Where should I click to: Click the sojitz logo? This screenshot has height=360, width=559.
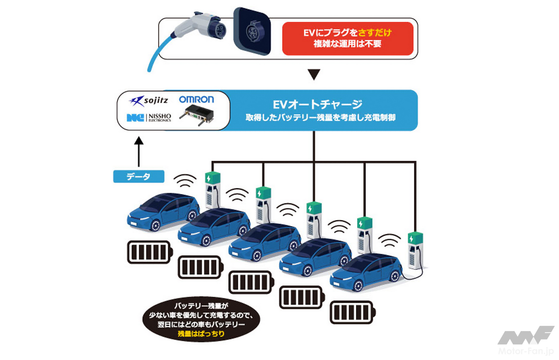[148, 101]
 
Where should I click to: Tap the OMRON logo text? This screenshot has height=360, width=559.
[196, 99]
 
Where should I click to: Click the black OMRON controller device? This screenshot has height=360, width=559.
[196, 115]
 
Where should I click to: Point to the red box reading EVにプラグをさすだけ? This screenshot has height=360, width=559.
[347, 38]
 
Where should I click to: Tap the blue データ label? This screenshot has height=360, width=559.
[138, 176]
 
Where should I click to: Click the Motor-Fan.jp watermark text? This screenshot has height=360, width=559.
[526, 351]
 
